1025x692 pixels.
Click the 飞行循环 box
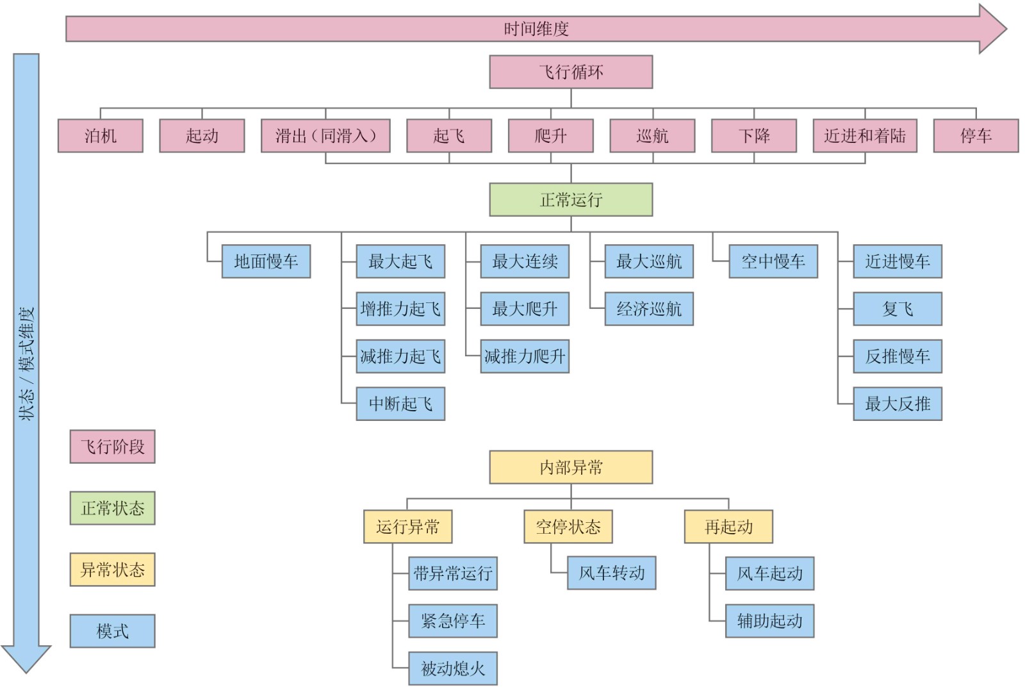click(571, 72)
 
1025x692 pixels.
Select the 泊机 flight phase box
click(100, 136)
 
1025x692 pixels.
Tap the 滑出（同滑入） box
click(325, 136)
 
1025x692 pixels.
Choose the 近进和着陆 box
click(864, 136)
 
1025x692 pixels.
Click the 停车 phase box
click(975, 136)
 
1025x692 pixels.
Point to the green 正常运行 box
click(571, 200)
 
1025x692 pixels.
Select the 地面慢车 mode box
click(266, 261)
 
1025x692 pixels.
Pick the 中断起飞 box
click(400, 404)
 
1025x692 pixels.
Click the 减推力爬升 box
click(525, 356)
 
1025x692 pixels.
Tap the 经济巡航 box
click(649, 309)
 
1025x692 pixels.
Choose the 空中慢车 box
click(773, 261)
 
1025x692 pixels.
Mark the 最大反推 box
click(897, 404)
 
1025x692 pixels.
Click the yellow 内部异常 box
click(571, 467)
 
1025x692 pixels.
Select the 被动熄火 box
click(453, 669)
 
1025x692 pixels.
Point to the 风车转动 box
click(611, 573)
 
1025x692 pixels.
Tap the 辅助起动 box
click(769, 621)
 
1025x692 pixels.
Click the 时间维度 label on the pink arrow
click(536, 29)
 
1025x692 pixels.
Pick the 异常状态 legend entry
click(112, 570)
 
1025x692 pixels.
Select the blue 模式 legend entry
click(112, 631)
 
